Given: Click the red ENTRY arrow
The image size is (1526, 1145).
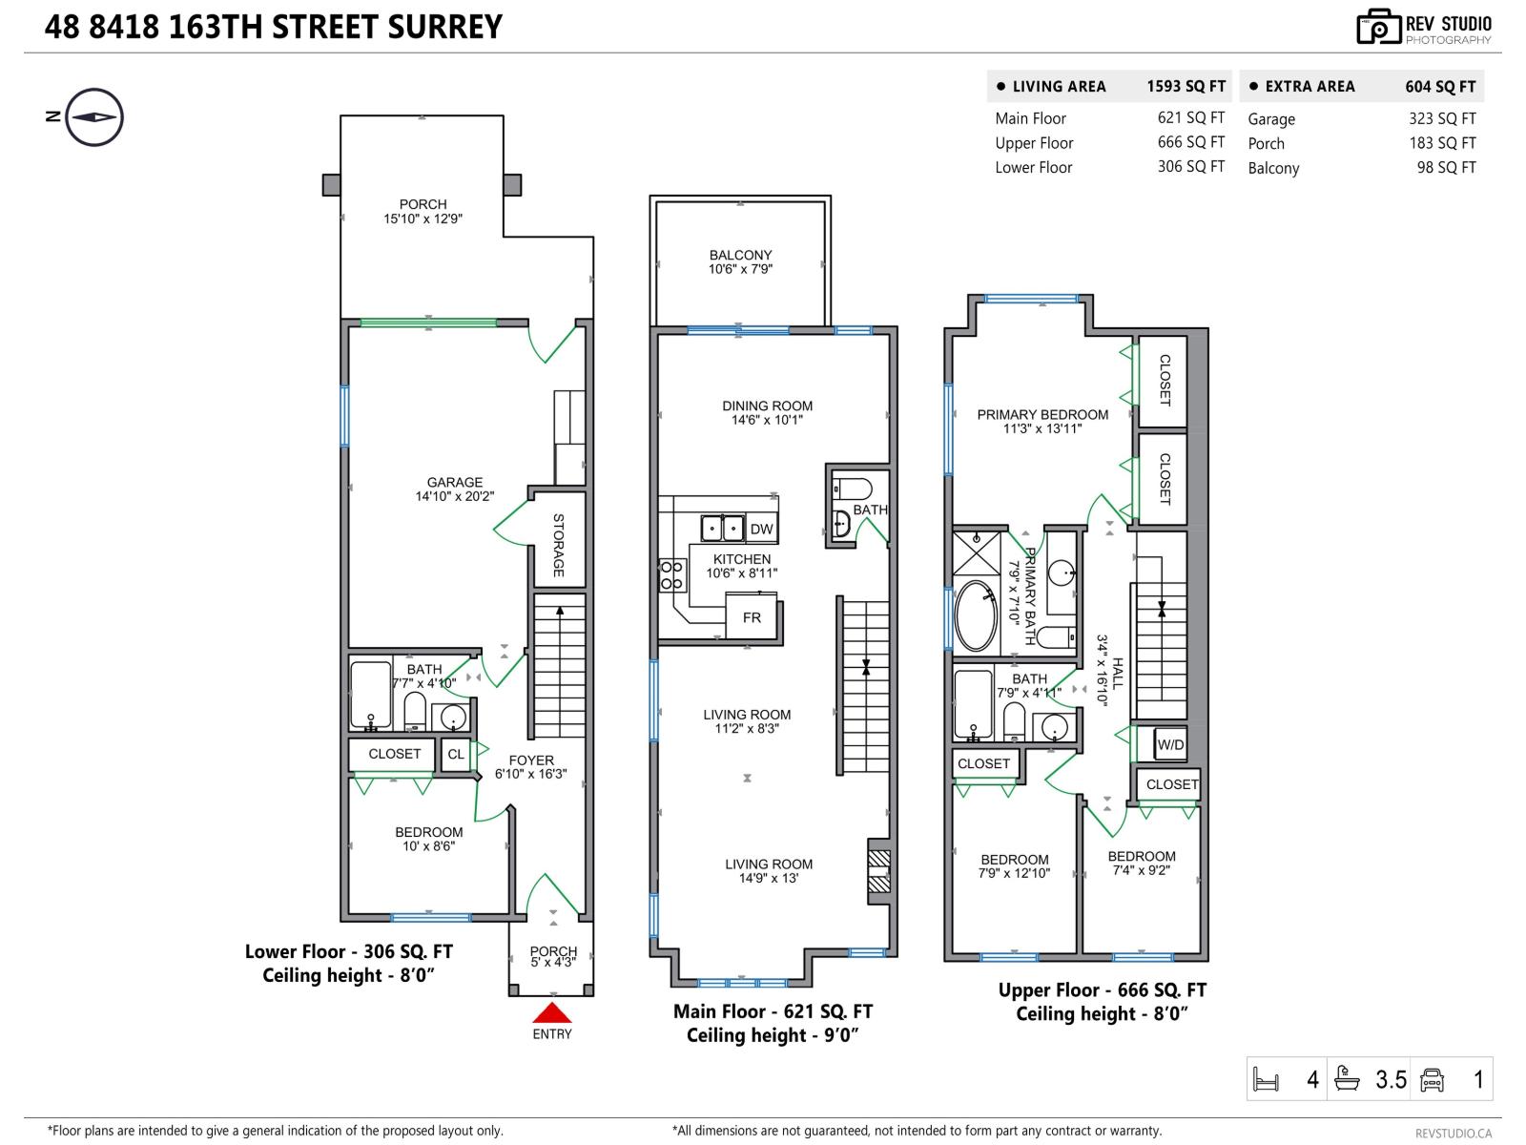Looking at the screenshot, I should click(551, 1012).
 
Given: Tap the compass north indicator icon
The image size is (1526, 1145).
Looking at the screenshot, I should click(94, 117).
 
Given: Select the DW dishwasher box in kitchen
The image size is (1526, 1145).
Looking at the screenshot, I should click(760, 530).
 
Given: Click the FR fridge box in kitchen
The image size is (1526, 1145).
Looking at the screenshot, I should click(752, 617).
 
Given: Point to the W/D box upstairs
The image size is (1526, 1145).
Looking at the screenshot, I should click(1169, 744).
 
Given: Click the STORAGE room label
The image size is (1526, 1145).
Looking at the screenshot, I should click(558, 545).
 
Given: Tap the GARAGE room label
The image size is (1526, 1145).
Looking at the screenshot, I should click(455, 482).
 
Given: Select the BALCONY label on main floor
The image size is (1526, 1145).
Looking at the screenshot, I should click(740, 255).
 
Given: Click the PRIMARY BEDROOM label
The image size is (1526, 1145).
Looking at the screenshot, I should click(1042, 414).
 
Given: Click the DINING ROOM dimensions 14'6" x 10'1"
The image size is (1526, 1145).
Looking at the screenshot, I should click(767, 420).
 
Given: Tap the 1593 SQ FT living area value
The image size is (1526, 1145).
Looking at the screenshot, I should click(1186, 86).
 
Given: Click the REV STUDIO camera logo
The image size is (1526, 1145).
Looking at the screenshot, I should click(1378, 27).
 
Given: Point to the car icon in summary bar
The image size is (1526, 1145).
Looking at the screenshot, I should click(1432, 1079).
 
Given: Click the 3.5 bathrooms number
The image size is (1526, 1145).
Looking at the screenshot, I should click(1391, 1079).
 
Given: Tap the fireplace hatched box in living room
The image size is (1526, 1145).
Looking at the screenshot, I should click(878, 871).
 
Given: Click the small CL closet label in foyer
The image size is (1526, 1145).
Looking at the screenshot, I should click(456, 754).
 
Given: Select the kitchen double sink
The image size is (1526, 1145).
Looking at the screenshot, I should click(722, 528).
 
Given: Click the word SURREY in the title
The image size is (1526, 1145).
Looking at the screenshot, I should click(444, 27).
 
